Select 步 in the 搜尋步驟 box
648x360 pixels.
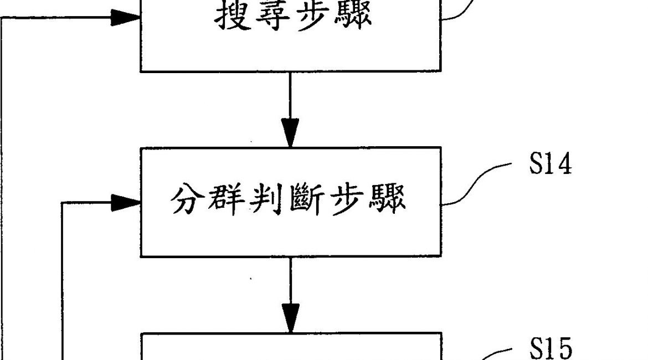[313, 16]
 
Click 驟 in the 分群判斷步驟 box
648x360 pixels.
[387, 200]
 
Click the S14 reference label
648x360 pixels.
[550, 165]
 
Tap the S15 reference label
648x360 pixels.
[550, 349]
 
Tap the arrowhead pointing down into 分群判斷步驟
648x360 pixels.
[290, 133]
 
